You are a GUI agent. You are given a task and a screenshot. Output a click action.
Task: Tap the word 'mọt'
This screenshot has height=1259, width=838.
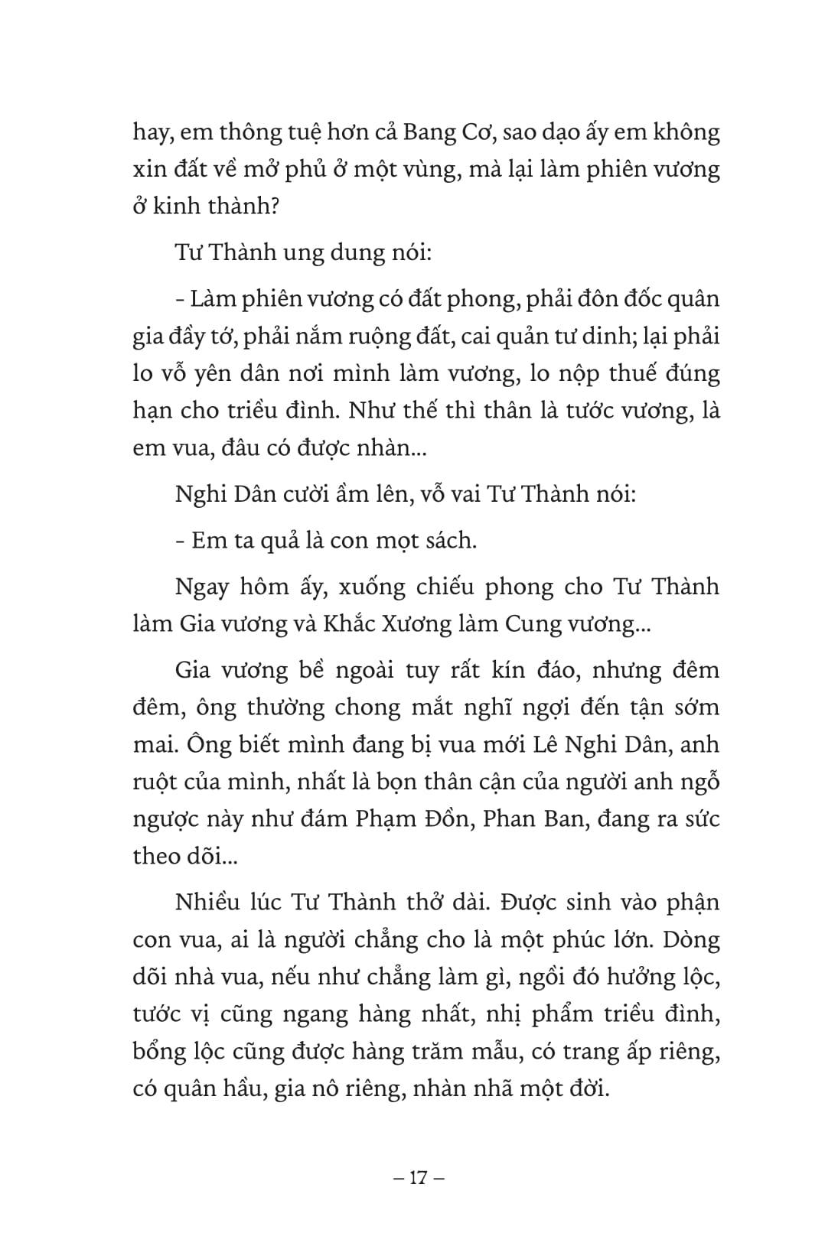click(376, 541)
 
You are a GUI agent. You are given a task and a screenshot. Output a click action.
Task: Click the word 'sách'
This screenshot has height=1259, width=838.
click(448, 541)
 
